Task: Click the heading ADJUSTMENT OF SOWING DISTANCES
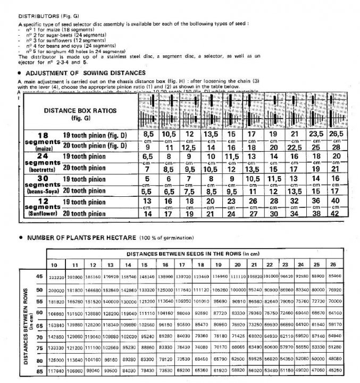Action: (x=85, y=72)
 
